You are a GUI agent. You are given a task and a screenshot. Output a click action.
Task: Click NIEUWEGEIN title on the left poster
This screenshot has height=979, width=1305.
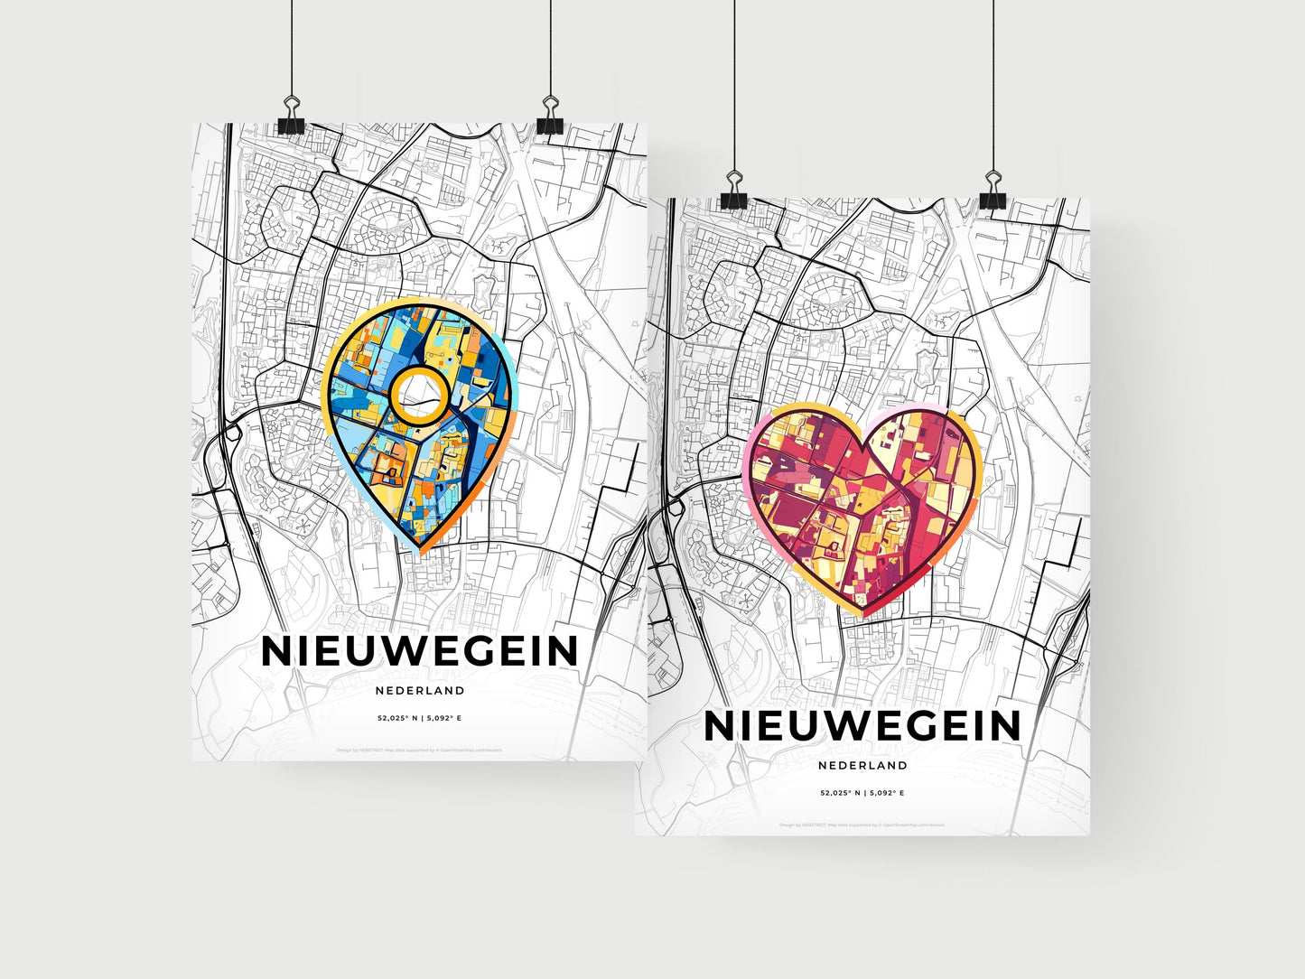click(419, 651)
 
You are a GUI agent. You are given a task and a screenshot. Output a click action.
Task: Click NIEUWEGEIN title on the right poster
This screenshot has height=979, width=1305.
click(862, 726)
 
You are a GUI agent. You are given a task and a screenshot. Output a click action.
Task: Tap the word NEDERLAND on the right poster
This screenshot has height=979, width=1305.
click(862, 765)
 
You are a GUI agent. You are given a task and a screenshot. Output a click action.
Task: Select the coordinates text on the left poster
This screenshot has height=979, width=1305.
click(420, 718)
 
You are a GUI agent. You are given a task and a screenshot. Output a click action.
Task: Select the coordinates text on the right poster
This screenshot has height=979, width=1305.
click(862, 793)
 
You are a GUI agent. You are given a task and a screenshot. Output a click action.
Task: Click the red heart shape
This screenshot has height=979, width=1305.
click(863, 506)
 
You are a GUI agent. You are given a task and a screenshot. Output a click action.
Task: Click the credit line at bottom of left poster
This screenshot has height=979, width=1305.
click(420, 750)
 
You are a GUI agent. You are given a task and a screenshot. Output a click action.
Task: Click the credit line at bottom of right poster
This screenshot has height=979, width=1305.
click(862, 825)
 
